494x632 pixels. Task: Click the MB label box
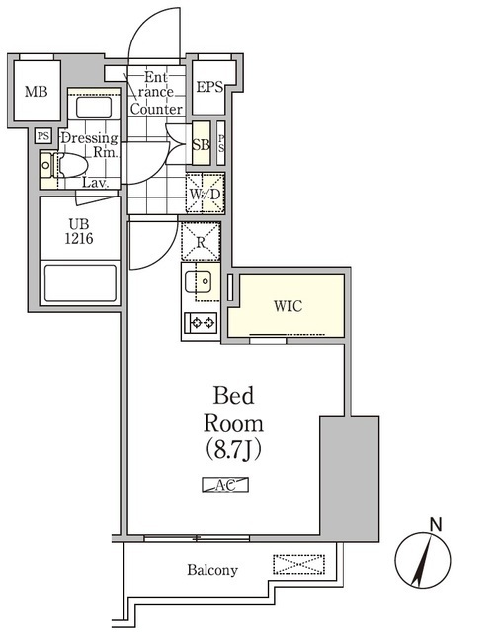coord(35,91)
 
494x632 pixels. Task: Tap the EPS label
coord(208,88)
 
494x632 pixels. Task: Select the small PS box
coord(42,136)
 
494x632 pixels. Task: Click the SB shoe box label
coord(201,146)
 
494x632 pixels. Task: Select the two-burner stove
coord(203,322)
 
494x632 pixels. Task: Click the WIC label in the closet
coord(288,305)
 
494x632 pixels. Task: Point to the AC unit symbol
coord(225,484)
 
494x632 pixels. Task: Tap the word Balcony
coord(212,570)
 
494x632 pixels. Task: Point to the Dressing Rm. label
coord(90,145)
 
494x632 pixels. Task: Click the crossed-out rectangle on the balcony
coord(298,565)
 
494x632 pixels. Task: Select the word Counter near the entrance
coord(156,109)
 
